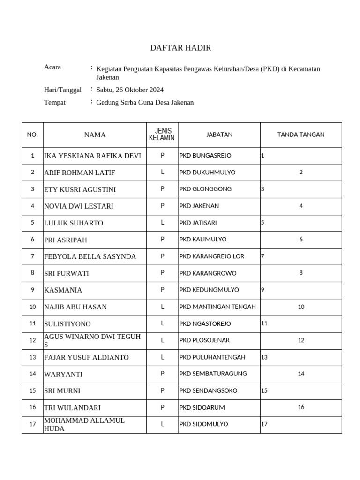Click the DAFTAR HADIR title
(180, 48)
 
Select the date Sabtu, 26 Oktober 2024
(130, 90)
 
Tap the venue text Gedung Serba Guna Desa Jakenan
(145, 102)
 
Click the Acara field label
(52, 67)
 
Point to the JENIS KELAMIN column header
(162, 135)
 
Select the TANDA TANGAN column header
(301, 135)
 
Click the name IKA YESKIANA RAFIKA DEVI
(92, 156)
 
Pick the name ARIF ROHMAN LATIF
(79, 172)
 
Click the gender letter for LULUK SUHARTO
(162, 223)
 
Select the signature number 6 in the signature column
(301, 239)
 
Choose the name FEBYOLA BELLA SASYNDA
(90, 256)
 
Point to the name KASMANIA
(63, 290)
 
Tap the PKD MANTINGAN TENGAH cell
(217, 307)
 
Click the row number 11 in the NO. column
(32, 323)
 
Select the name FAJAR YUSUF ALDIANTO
(86, 357)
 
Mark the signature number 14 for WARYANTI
(301, 374)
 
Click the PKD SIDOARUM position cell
(202, 407)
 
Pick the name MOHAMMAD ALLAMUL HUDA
(84, 424)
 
